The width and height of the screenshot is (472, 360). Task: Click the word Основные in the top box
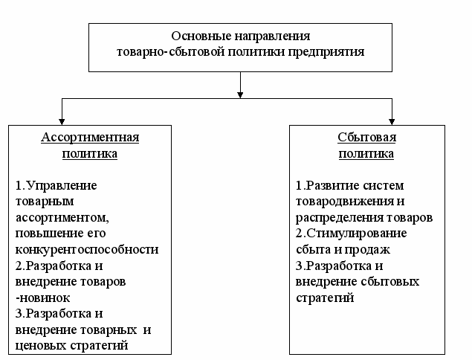(x=194, y=36)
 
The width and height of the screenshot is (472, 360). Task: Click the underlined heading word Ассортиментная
(x=90, y=138)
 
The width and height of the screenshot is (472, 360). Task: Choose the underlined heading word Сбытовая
(x=366, y=138)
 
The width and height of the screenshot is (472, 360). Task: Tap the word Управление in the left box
(x=63, y=185)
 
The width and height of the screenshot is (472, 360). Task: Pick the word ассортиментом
(x=60, y=217)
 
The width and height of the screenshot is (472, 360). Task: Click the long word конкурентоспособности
(x=87, y=249)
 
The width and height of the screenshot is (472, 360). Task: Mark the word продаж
(x=372, y=250)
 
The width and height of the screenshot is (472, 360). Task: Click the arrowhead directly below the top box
(x=239, y=94)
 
